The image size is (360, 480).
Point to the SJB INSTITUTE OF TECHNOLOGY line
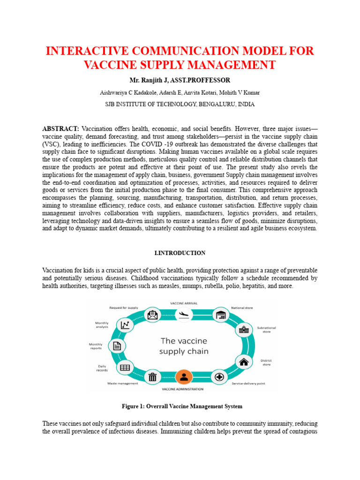pyautogui.click(x=180, y=105)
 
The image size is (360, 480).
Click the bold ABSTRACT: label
pyautogui.click(x=60, y=128)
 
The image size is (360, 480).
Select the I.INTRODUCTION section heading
pyautogui.click(x=180, y=253)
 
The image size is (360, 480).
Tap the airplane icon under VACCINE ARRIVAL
pyautogui.click(x=183, y=315)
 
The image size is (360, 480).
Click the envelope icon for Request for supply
pyautogui.click(x=152, y=315)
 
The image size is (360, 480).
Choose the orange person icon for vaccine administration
pyautogui.click(x=184, y=376)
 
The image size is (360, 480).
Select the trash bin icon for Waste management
pyautogui.click(x=152, y=376)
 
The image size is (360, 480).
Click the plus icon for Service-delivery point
pyautogui.click(x=219, y=376)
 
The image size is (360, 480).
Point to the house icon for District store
pyautogui.click(x=243, y=361)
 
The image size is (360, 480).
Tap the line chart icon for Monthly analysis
pyautogui.click(x=125, y=324)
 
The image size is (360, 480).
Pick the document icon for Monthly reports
pyautogui.click(x=117, y=346)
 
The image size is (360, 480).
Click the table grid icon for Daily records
pyautogui.click(x=125, y=367)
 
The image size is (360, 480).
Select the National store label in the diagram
pyautogui.click(x=242, y=308)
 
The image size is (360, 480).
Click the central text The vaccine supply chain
pyautogui.click(x=183, y=346)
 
